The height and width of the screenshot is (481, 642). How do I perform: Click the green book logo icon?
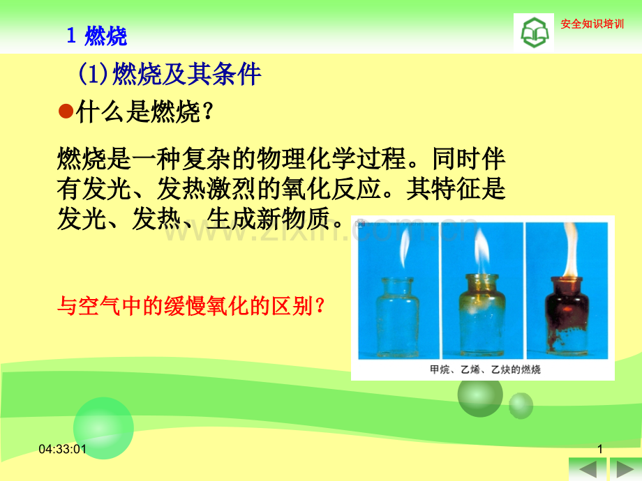coord(535,33)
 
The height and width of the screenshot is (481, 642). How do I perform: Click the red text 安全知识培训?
coord(592,24)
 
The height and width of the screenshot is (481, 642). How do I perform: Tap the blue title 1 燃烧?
coord(96,36)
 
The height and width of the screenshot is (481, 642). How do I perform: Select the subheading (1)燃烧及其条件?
coord(170,74)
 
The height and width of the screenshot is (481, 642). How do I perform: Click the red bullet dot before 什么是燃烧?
coord(66,111)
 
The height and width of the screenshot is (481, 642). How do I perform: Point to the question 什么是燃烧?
coord(144,112)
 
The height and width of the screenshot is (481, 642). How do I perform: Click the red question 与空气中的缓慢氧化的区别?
coord(191,306)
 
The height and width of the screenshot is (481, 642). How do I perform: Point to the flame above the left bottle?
coord(405,247)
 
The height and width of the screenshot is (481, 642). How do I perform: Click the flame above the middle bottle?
coord(482,251)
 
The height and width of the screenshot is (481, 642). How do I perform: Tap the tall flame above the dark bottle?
coord(570,250)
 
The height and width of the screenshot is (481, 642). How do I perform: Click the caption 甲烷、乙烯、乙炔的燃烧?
coord(485,369)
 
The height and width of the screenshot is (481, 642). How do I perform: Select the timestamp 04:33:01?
coord(62,449)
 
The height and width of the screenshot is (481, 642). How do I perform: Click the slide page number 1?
coord(600,449)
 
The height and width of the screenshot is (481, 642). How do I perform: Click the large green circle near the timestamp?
coord(103,428)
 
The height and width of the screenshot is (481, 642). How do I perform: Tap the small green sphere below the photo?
coord(521,405)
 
